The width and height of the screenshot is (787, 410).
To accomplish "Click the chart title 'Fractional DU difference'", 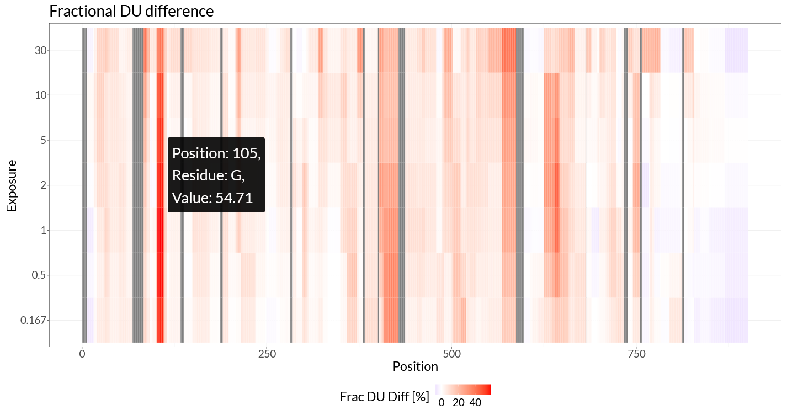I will point(131,11).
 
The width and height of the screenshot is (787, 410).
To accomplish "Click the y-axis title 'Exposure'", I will point(12,185).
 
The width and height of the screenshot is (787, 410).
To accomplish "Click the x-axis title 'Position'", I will point(415,366).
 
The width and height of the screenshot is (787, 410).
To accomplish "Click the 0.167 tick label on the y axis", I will point(35,320).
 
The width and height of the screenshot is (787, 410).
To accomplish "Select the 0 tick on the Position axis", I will point(82,353).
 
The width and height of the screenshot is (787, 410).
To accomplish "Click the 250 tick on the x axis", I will point(267,353).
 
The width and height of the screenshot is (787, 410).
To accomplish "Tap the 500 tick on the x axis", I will point(451,353).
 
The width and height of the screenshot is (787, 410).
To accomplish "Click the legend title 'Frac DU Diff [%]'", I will point(384,397).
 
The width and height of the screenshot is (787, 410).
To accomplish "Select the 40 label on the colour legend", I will point(475,403).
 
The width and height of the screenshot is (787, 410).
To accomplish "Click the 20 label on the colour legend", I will point(458,403).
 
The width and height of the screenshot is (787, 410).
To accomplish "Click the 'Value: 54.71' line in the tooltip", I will point(212,198).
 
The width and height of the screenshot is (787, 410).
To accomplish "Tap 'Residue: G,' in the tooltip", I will point(208,175).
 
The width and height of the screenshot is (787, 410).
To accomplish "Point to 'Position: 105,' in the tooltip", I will point(216,153).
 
